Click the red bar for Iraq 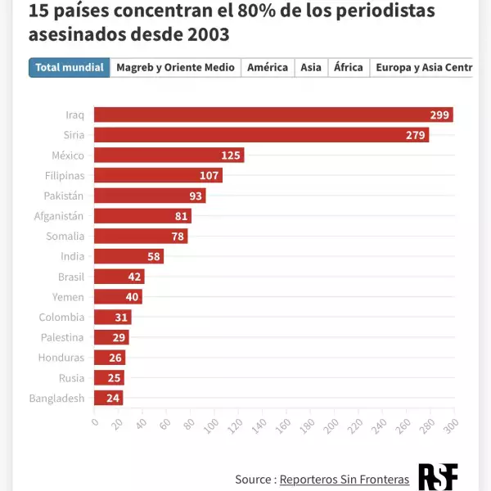(x=273, y=115)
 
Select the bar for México (x=169, y=155)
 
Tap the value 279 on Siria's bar (x=416, y=135)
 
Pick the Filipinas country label (x=65, y=175)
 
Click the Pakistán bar (x=150, y=196)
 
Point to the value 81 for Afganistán (x=181, y=216)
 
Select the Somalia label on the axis (x=65, y=236)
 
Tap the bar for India (x=128, y=256)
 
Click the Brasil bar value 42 (x=135, y=277)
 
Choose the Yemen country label (x=68, y=297)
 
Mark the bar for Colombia (x=112, y=318)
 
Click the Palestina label (x=62, y=337)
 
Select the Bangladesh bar (x=108, y=399)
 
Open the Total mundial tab (x=70, y=67)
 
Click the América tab (x=268, y=67)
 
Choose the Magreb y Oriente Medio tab (x=175, y=67)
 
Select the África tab (x=348, y=67)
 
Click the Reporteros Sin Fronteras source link (x=345, y=479)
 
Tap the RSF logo (x=438, y=477)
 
